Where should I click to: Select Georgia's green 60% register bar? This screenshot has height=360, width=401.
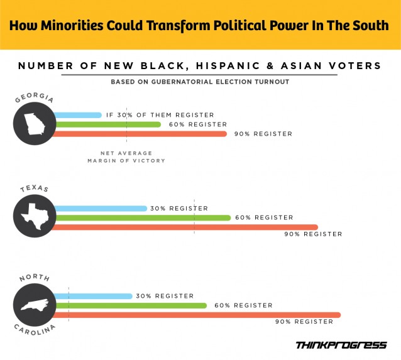click(107, 124)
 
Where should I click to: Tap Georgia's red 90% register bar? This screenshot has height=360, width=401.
click(138, 134)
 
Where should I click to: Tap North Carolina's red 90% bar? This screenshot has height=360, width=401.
click(195, 315)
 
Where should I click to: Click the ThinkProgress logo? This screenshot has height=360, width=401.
click(341, 344)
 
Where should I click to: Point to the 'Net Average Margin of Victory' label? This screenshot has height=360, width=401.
click(126, 157)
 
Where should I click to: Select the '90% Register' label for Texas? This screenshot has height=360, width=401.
click(313, 234)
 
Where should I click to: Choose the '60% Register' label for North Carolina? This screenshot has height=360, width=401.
click(243, 305)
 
